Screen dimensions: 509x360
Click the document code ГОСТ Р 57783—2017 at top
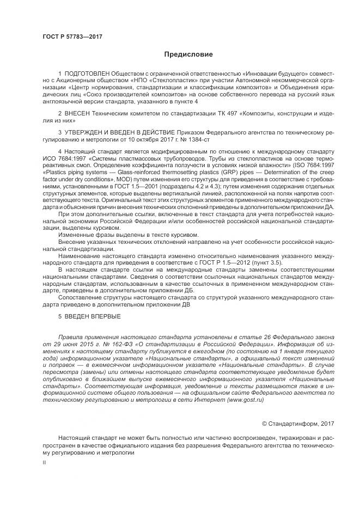[x=72, y=36]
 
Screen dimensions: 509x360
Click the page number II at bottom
[x=45, y=462]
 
